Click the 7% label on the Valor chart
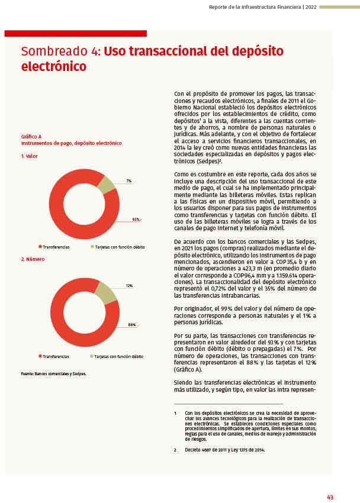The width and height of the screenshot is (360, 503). (128, 180)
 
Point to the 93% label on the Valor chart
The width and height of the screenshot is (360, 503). (136, 220)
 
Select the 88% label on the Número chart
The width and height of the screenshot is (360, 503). (131, 325)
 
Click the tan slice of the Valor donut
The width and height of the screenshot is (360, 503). (106, 185)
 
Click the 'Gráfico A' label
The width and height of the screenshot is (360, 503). (31, 137)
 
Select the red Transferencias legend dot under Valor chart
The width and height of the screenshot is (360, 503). (40, 247)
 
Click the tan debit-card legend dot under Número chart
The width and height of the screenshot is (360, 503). (92, 356)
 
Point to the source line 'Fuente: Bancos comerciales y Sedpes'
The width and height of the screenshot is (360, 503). (53, 373)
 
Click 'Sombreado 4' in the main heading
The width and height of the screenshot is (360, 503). (60, 51)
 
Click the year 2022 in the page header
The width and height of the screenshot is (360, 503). (310, 7)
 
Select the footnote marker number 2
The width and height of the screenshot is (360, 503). (175, 450)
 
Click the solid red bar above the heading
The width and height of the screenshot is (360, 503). (75, 34)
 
